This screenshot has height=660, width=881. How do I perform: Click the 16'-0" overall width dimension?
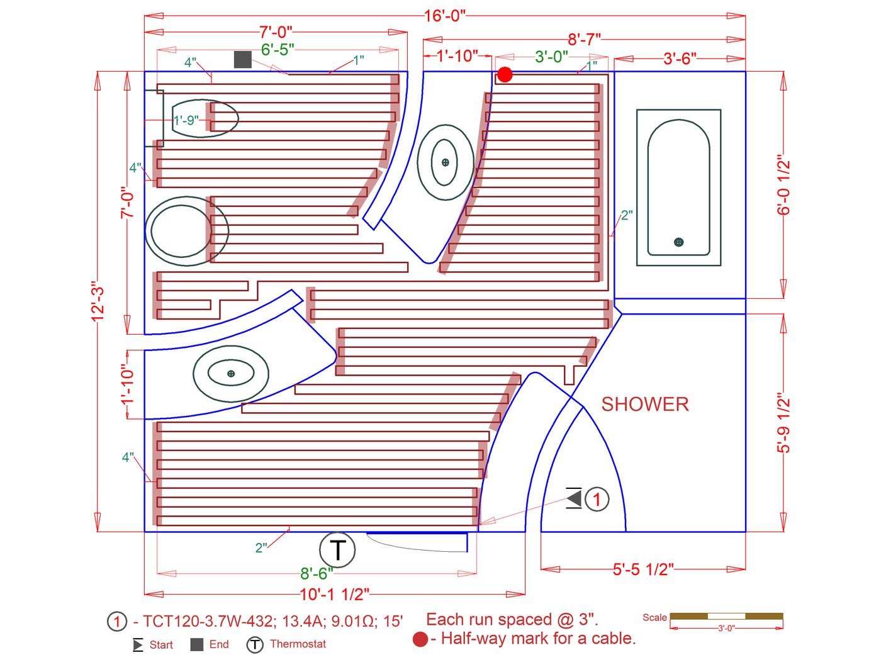[445, 16]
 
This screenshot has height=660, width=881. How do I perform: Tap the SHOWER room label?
[644, 404]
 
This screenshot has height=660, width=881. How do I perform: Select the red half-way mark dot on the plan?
[505, 75]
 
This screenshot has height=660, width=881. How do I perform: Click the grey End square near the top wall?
[243, 59]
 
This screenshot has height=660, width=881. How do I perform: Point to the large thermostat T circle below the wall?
[337, 550]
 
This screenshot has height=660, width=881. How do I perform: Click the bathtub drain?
[678, 242]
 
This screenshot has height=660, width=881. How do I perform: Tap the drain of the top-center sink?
[445, 162]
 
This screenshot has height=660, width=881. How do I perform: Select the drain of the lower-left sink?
[231, 374]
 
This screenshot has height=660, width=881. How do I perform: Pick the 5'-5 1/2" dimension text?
[643, 569]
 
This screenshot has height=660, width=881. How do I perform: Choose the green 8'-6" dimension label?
[317, 573]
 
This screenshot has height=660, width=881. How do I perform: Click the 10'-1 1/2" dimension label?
[334, 594]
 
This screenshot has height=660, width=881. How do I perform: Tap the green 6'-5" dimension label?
[278, 50]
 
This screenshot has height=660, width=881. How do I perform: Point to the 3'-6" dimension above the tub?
[679, 59]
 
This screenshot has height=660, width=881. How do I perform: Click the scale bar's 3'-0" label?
[726, 629]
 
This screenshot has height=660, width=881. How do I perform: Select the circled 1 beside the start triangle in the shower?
[597, 500]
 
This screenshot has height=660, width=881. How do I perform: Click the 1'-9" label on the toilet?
[186, 120]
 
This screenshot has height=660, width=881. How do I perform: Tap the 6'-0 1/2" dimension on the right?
[783, 185]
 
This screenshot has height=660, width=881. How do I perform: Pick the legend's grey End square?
[197, 645]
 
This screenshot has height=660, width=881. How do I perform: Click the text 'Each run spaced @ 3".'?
[512, 620]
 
